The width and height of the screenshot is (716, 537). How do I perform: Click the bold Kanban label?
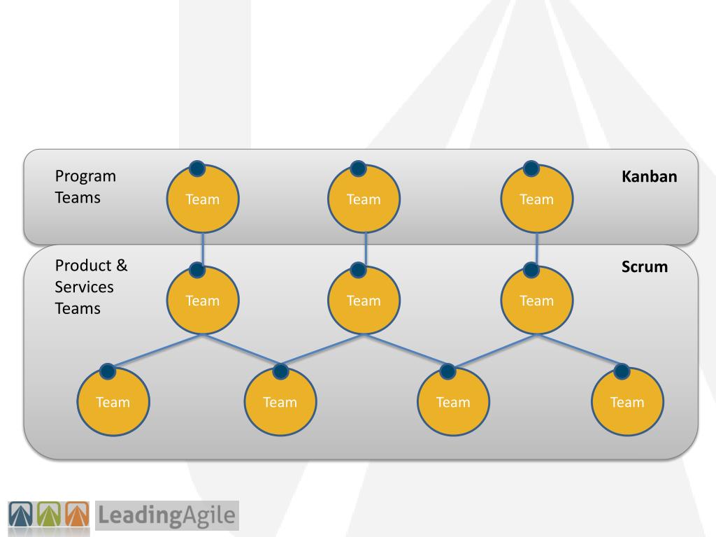click(x=649, y=177)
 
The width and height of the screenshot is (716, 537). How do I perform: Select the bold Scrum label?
click(x=644, y=266)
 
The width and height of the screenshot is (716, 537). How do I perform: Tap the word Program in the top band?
click(x=85, y=176)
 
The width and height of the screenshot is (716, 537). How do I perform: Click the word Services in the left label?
click(x=84, y=287)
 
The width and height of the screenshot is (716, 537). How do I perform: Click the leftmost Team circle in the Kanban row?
click(x=202, y=199)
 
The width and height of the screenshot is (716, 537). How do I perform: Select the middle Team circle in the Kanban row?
click(x=364, y=199)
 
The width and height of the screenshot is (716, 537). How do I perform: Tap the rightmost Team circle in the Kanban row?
click(x=536, y=199)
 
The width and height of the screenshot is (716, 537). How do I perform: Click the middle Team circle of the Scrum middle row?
click(x=364, y=301)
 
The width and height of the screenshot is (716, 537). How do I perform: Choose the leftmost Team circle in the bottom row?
click(x=113, y=402)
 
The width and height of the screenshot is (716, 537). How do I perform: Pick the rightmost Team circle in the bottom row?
click(x=626, y=402)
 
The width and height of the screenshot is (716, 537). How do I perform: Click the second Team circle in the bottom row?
click(x=280, y=402)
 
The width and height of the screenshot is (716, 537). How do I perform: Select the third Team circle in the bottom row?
click(x=453, y=402)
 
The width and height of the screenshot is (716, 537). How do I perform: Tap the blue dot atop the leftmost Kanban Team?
click(x=197, y=168)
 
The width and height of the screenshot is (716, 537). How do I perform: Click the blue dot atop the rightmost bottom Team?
click(x=621, y=371)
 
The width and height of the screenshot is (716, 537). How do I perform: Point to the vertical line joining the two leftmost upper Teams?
click(x=202, y=248)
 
